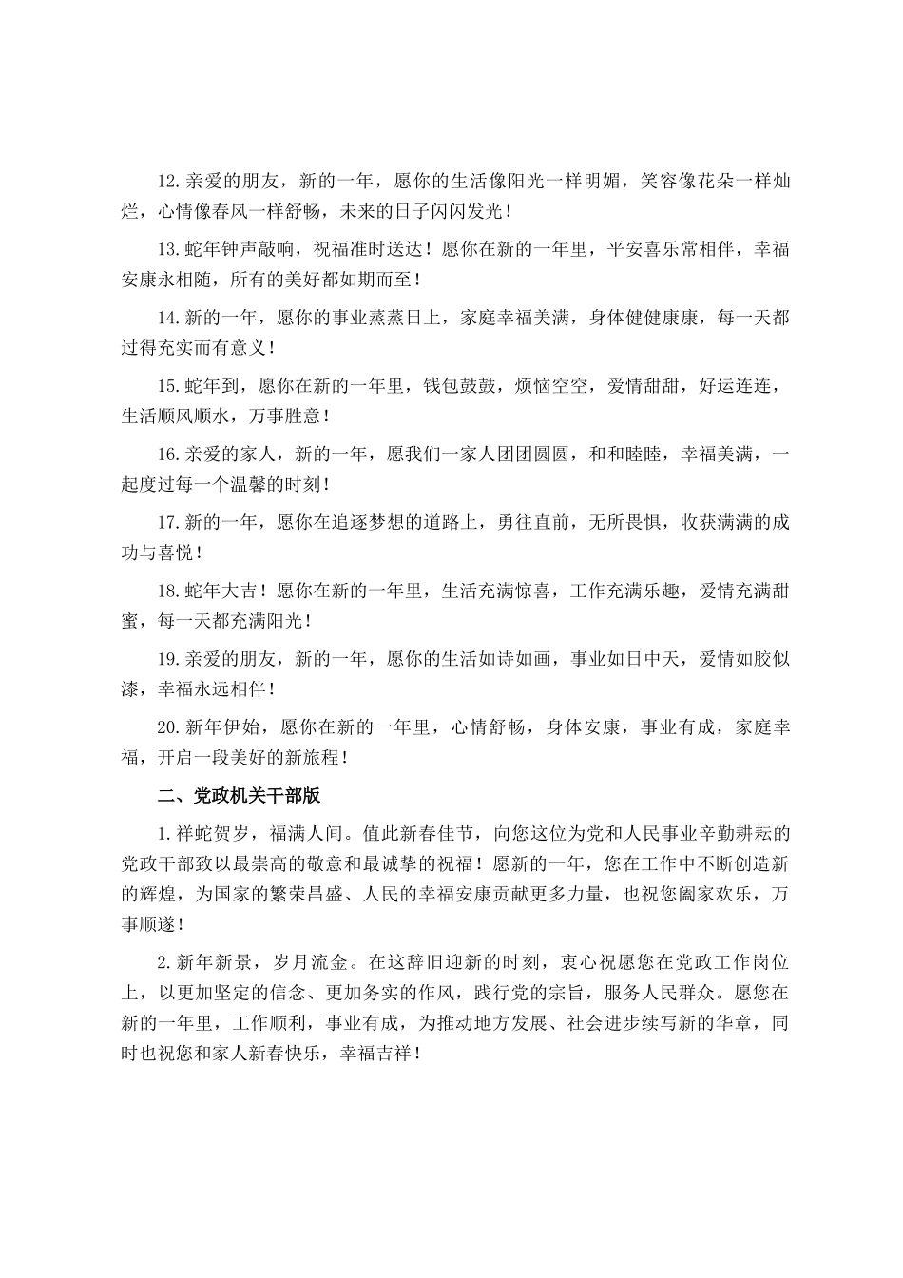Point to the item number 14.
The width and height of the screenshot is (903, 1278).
(168, 319)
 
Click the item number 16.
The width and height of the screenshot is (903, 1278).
(168, 455)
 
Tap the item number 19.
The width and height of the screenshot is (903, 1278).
(168, 661)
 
